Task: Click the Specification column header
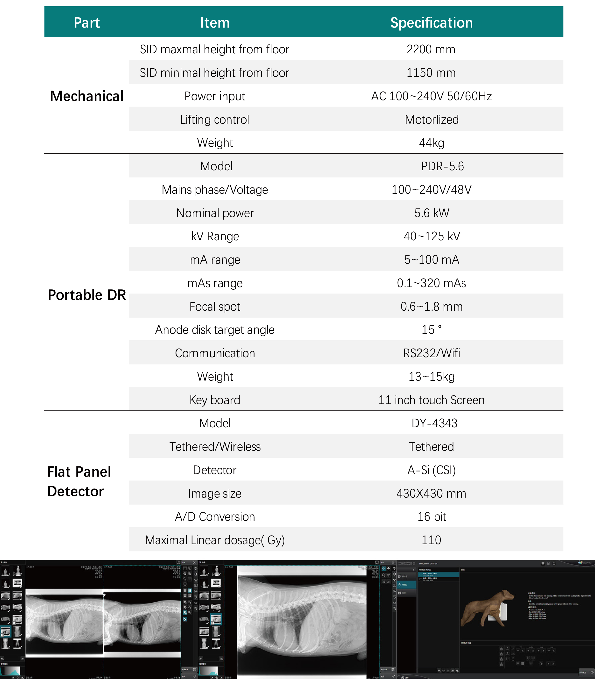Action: pyautogui.click(x=431, y=23)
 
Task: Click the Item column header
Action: pyautogui.click(x=215, y=23)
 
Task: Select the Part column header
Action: pyautogui.click(x=87, y=23)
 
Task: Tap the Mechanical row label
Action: pyautogui.click(x=87, y=96)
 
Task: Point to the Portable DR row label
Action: pyautogui.click(x=87, y=295)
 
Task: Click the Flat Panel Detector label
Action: pyautogui.click(x=79, y=481)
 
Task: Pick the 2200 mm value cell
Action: pyautogui.click(x=431, y=49)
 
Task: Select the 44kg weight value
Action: pyautogui.click(x=431, y=143)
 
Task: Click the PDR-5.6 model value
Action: pyautogui.click(x=442, y=166)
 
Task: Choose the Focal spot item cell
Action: pyautogui.click(x=215, y=306)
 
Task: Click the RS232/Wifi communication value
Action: pyautogui.click(x=431, y=353)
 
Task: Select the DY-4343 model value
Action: pyautogui.click(x=434, y=423)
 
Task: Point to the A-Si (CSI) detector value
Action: pyautogui.click(x=431, y=470)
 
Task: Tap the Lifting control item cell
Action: pyautogui.click(x=215, y=120)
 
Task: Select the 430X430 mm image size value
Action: pyautogui.click(x=431, y=493)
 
